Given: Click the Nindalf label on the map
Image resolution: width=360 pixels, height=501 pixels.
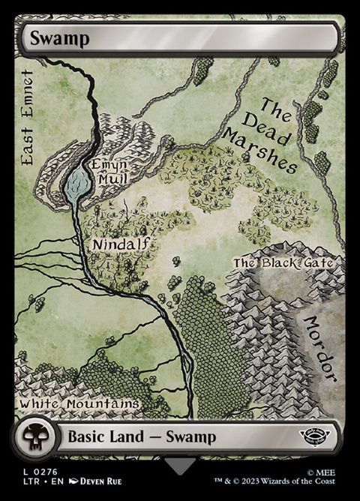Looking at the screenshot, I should click(121, 244).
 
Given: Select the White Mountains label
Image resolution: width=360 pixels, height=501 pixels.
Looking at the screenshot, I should click(80, 404).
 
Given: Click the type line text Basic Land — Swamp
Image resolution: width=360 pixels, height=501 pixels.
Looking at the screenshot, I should click(142, 436).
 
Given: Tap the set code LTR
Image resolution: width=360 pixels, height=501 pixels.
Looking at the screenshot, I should click(22, 481).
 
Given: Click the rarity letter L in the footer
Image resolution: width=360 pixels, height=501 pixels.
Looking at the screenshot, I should click(16, 469).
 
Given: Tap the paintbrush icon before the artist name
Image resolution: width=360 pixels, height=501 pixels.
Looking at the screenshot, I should click(66, 481).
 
